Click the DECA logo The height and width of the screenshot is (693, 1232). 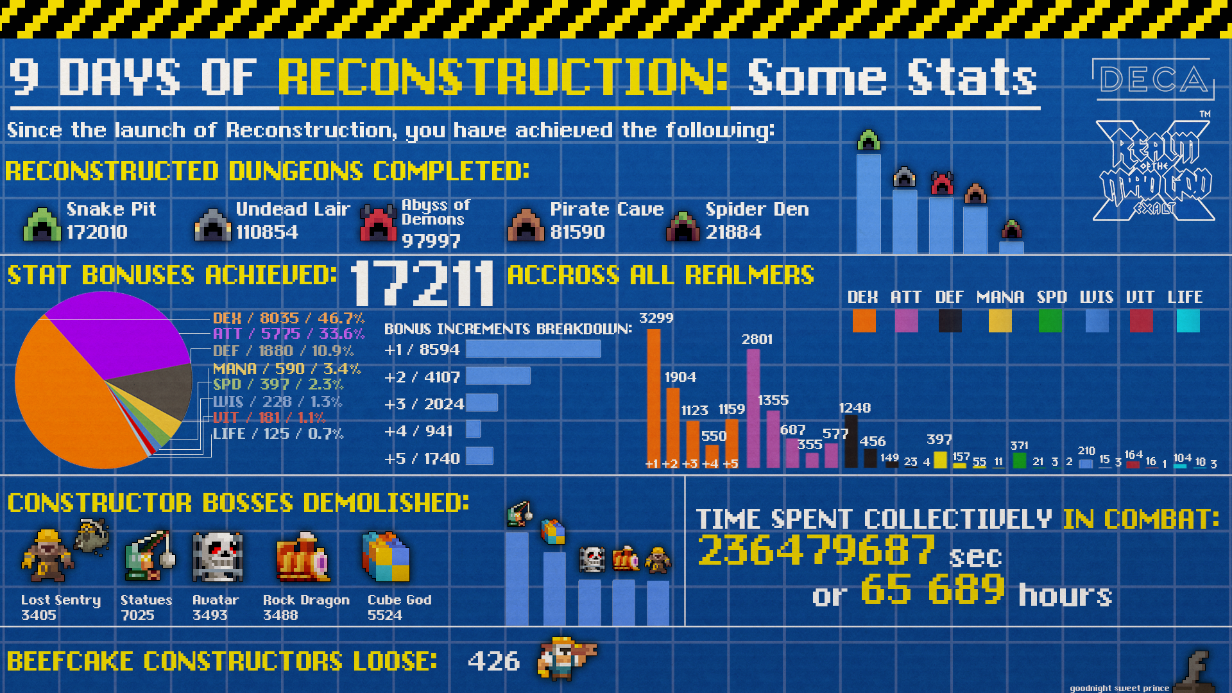click(1153, 80)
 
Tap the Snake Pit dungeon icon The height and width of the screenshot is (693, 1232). click(42, 224)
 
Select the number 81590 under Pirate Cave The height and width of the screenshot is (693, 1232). click(577, 232)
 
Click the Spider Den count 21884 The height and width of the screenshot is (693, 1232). click(733, 232)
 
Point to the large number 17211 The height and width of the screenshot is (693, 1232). click(422, 283)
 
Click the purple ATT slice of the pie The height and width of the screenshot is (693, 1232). click(122, 334)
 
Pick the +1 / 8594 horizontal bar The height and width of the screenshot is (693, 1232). click(533, 349)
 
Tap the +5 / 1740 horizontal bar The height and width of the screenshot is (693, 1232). click(479, 456)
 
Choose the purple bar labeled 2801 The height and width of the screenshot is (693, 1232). click(753, 408)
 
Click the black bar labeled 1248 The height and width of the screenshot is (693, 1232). click(851, 441)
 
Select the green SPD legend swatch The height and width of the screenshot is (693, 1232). click(1050, 321)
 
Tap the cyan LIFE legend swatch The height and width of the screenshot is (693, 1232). click(1188, 321)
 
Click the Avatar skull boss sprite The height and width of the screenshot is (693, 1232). click(218, 557)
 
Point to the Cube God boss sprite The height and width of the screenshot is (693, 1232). click(386, 556)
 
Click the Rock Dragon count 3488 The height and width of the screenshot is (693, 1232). click(280, 615)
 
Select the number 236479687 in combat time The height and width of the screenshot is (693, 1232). click(816, 550)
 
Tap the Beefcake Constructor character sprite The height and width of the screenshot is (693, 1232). click(566, 658)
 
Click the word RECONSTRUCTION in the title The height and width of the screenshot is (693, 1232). click(503, 78)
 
